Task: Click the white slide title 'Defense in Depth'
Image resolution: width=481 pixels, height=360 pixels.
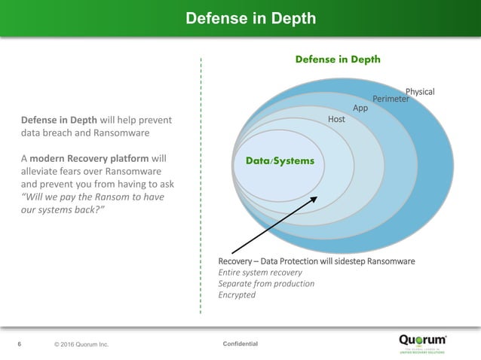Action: point(251,18)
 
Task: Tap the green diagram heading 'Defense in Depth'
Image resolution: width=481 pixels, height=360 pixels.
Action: point(337,59)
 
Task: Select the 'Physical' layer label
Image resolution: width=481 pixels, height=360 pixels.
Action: point(420,92)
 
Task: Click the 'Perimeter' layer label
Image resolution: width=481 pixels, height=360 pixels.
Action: point(391,99)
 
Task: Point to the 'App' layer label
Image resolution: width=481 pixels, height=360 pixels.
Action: point(360,108)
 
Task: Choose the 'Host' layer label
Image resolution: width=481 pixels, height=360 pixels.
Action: point(336,120)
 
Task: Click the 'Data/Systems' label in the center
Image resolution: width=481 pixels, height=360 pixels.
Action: point(274,160)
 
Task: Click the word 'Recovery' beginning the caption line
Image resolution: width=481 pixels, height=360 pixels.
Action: point(236,261)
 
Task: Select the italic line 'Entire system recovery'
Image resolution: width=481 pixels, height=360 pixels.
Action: point(259,272)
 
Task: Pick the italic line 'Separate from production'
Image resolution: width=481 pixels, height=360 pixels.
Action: point(265,283)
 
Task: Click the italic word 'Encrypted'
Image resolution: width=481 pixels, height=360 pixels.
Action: point(237,294)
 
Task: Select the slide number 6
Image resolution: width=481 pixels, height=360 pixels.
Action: point(20,344)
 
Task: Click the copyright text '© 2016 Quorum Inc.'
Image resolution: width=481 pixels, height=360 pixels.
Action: point(81,345)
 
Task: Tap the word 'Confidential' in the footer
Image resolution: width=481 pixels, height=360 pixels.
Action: point(240,344)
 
